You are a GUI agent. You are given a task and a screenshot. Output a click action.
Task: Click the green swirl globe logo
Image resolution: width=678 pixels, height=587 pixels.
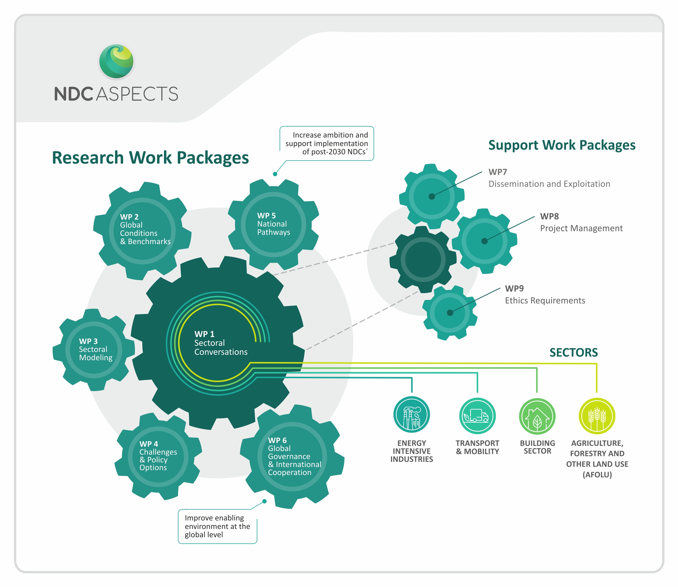tap(116, 62)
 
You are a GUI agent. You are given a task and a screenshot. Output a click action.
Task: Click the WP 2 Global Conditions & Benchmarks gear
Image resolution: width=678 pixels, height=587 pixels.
tap(142, 231)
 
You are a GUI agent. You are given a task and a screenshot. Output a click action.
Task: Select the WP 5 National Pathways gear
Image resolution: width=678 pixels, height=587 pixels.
tap(273, 224)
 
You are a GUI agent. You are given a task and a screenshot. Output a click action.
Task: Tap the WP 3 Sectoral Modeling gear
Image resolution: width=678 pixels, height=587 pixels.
tap(94, 350)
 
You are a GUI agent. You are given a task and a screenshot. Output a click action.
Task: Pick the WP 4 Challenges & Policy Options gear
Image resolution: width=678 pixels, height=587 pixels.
tap(158, 456)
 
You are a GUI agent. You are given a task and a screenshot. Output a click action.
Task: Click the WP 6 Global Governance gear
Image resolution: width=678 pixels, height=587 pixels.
tap(292, 456)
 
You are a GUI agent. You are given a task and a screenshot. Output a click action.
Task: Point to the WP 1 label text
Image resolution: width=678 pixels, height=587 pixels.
tap(204, 334)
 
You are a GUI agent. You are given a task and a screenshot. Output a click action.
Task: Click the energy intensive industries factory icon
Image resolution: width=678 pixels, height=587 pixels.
tap(411, 414)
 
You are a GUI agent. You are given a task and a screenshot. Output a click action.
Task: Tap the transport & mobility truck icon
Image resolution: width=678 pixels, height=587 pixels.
tap(477, 416)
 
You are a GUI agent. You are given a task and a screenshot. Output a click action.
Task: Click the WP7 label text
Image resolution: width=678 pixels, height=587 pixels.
tap(498, 172)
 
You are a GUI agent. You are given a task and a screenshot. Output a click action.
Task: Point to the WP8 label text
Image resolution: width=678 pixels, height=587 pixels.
tap(549, 216)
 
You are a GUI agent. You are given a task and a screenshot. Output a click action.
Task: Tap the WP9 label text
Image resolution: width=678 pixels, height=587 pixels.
tap(514, 288)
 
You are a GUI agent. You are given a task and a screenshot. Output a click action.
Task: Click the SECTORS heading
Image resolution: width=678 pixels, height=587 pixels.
tap(573, 352)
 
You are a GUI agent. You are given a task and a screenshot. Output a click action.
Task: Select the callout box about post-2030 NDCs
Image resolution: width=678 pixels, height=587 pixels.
tap(327, 143)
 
